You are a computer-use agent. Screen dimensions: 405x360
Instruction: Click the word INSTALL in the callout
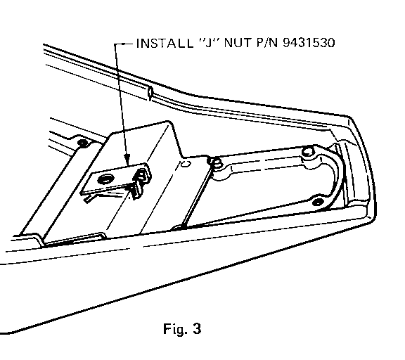[x=165, y=43]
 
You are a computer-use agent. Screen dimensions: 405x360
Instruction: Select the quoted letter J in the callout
[x=208, y=43]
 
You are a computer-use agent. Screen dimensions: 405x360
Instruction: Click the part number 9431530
[x=309, y=43]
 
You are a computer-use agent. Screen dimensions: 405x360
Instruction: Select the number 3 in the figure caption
[x=197, y=329]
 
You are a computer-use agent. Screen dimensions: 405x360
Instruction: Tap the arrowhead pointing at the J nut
[x=127, y=160]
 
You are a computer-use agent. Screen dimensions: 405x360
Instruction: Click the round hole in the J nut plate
[x=105, y=179]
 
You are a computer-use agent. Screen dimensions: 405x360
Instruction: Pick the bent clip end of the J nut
[x=141, y=181]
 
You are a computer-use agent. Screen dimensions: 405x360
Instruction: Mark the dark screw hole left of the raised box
[x=83, y=143]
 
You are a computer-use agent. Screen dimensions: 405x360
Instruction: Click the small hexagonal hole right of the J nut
[x=186, y=164]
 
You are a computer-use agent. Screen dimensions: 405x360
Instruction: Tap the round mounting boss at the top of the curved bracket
[x=308, y=152]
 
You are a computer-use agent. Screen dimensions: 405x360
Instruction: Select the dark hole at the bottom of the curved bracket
[x=318, y=202]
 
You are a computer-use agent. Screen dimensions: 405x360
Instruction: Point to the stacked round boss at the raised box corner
[x=216, y=163]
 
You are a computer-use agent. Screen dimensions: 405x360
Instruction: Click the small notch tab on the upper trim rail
[x=150, y=94]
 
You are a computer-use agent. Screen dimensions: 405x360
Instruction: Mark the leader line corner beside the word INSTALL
[x=115, y=44]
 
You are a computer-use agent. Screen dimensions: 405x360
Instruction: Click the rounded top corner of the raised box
[x=169, y=122]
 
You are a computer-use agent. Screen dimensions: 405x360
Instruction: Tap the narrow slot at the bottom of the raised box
[x=75, y=239]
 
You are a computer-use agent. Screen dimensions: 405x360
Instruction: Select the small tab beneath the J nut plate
[x=89, y=199]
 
